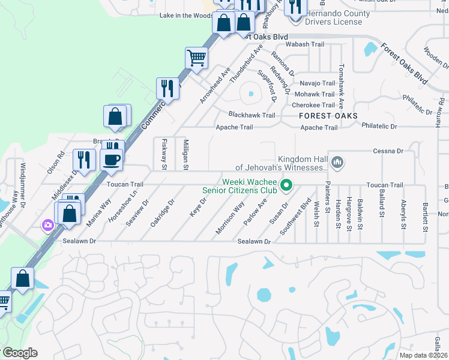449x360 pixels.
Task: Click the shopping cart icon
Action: (x=196, y=58)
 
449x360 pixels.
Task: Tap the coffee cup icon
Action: (x=112, y=159)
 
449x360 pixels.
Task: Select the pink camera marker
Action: (x=47, y=225)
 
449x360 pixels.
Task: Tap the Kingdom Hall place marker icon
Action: (x=338, y=161)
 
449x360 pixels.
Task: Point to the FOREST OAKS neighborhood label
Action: (x=329, y=116)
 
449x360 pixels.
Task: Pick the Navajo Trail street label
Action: (x=317, y=83)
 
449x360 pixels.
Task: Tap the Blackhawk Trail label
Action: (x=252, y=115)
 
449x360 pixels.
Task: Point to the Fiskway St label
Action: (x=164, y=154)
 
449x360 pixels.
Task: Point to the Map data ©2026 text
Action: (x=423, y=355)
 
